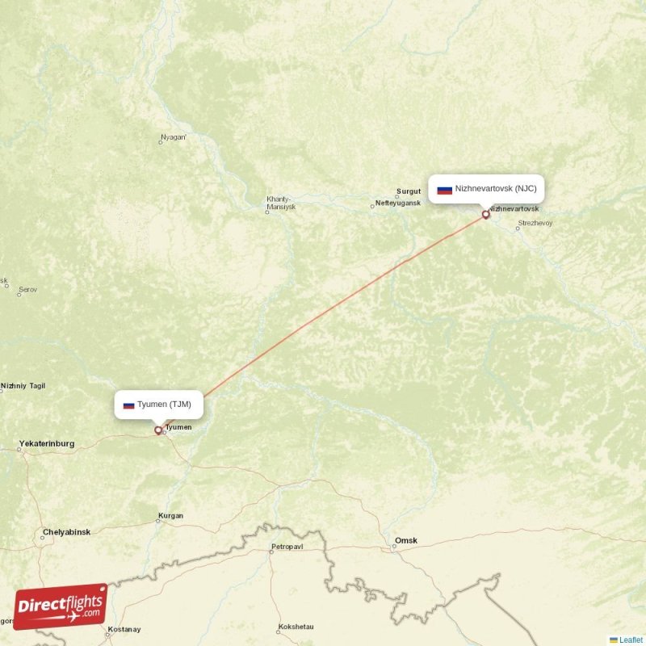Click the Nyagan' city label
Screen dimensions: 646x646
pyautogui.click(x=174, y=137)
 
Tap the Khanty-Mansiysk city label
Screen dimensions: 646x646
pyautogui.click(x=281, y=203)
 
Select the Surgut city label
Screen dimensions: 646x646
pyautogui.click(x=409, y=192)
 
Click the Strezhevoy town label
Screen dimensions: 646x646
pyautogui.click(x=535, y=223)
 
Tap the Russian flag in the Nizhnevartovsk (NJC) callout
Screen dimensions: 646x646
pyautogui.click(x=444, y=190)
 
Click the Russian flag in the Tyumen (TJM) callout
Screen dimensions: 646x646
pyautogui.click(x=128, y=405)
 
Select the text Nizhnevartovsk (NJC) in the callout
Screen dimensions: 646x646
pyautogui.click(x=495, y=189)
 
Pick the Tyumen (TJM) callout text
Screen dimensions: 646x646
pyautogui.click(x=164, y=404)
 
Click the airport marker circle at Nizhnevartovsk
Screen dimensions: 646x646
pyautogui.click(x=485, y=215)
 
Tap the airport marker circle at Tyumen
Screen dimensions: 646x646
pyautogui.click(x=158, y=430)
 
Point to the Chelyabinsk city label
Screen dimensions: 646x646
pyautogui.click(x=67, y=532)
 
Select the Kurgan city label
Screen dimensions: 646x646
pyautogui.click(x=171, y=515)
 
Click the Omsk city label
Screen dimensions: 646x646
pyautogui.click(x=406, y=540)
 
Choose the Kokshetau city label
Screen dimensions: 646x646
pyautogui.click(x=295, y=627)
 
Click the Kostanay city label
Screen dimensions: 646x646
pyautogui.click(x=124, y=630)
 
